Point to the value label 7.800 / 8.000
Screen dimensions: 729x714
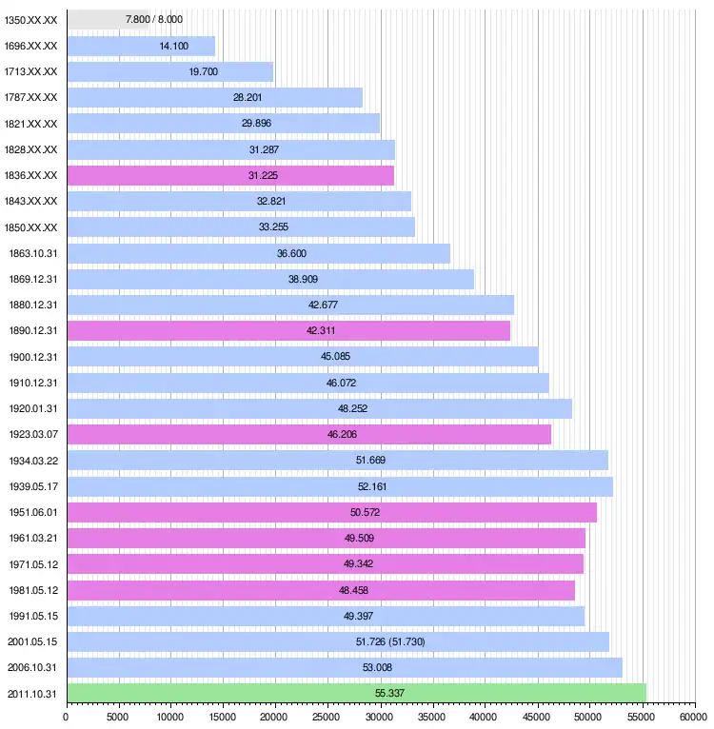[x=154, y=19]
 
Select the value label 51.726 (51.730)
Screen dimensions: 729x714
[x=389, y=641]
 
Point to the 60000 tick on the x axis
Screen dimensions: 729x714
[x=694, y=716]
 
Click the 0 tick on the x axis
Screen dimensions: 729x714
[x=66, y=716]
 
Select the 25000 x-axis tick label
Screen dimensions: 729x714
[x=327, y=716]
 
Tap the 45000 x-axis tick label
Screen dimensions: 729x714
[x=537, y=716]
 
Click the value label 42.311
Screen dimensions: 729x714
[x=321, y=330]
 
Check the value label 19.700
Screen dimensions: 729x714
[x=204, y=71]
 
